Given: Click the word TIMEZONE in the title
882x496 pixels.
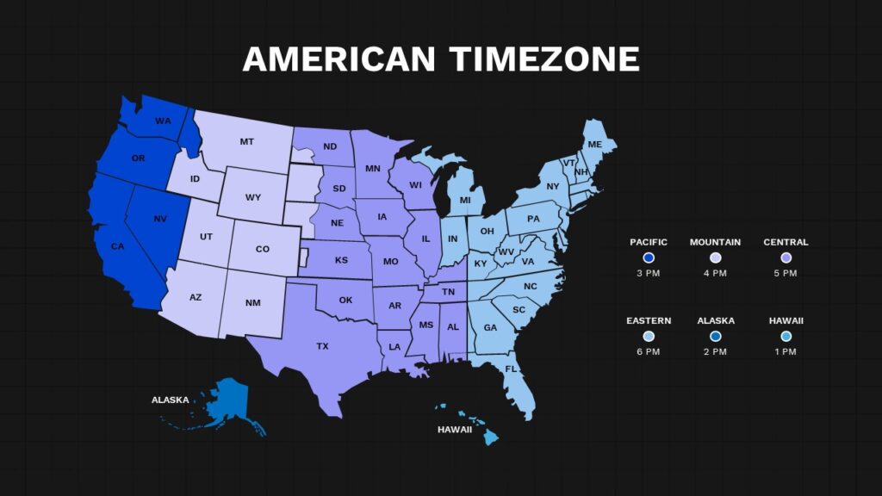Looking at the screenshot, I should tap(544, 59).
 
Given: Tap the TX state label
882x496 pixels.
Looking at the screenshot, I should tap(322, 346).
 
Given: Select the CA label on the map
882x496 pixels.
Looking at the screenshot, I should tap(118, 247).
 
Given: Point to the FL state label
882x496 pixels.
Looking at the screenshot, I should tap(511, 369).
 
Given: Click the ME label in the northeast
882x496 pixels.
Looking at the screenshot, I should tap(595, 144).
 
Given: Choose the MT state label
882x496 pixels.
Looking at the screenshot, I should tap(247, 141).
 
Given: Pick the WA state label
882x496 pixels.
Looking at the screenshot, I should tap(163, 121).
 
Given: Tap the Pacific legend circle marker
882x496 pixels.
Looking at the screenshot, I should tap(649, 257).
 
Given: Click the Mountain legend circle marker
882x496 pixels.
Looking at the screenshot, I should tap(715, 257).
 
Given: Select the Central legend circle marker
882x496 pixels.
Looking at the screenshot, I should tap(786, 257).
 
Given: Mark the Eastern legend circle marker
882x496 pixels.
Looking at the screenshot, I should tap(649, 336).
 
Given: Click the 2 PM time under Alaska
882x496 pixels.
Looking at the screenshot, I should tap(716, 352).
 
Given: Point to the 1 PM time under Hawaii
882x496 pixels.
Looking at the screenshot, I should tap(786, 352).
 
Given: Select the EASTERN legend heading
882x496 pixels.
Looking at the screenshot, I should tap(649, 320).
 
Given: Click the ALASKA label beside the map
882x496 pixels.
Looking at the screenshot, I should tap(171, 400).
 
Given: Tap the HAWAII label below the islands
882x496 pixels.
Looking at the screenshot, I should tap(455, 429).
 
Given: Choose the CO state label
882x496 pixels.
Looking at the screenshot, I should tap(263, 249).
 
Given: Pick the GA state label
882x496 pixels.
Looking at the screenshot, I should tap(490, 327).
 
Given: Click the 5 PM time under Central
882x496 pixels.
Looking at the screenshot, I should tap(786, 273).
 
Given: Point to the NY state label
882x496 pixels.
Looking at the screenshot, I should tap(553, 186).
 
